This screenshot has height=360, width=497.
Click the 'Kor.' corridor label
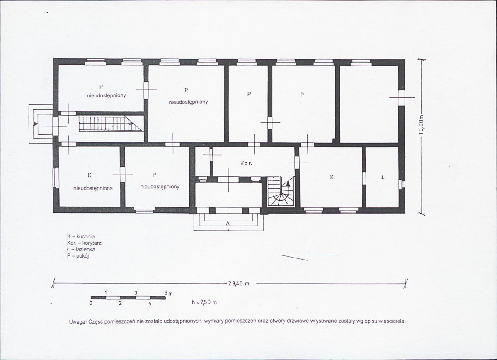click(x=246, y=164)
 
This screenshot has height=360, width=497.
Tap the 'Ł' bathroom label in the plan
click(x=383, y=178)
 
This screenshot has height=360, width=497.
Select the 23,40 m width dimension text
click(x=238, y=284)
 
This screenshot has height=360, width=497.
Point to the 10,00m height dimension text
click(x=421, y=125)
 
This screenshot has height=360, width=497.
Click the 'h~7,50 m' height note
click(x=204, y=302)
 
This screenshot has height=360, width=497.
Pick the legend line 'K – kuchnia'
click(x=80, y=237)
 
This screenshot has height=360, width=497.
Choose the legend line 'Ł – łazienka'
click(x=81, y=250)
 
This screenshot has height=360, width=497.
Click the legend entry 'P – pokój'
click(x=78, y=256)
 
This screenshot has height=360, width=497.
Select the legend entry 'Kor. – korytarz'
click(x=84, y=243)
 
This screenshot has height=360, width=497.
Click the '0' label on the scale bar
click(x=91, y=303)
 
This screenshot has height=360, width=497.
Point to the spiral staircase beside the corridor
click(x=281, y=192)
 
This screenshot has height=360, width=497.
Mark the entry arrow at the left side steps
click(x=33, y=124)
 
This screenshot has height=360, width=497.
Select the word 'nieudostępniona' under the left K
click(x=93, y=188)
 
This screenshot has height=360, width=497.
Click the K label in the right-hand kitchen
click(x=332, y=177)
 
